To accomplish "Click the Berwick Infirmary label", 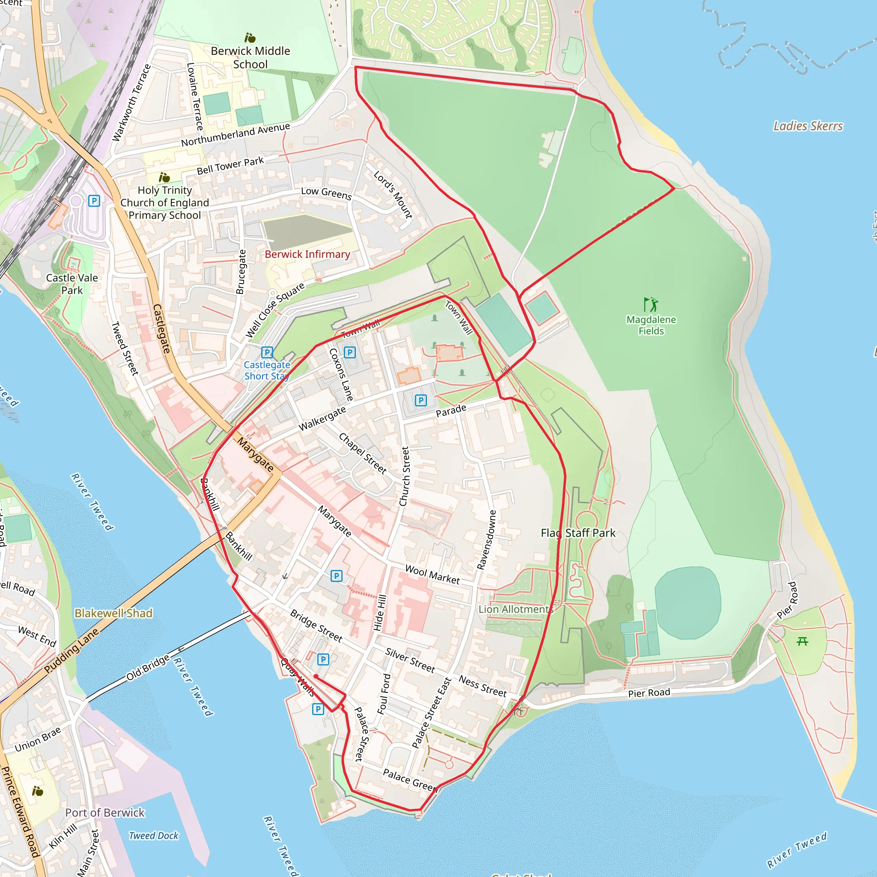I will click(307, 254).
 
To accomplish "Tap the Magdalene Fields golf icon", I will click(650, 304).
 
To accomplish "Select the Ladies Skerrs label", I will click(808, 126).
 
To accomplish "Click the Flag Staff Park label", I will click(578, 533).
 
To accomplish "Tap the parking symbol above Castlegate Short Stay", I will click(267, 352).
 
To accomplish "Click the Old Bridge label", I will click(148, 667).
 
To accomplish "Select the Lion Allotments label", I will click(516, 609).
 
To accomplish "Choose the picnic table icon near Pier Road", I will click(802, 641).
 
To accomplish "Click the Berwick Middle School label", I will click(250, 57).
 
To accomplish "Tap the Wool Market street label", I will click(432, 575).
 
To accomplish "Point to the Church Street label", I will click(404, 476).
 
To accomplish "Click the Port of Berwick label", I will click(104, 812).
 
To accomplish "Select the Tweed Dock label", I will click(153, 836).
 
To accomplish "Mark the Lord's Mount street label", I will click(393, 194).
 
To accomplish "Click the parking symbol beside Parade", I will click(421, 400).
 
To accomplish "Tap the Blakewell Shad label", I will click(113, 613).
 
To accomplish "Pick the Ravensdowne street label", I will click(486, 539).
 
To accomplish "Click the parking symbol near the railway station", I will click(94, 201).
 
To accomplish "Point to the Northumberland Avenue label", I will click(235, 134).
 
